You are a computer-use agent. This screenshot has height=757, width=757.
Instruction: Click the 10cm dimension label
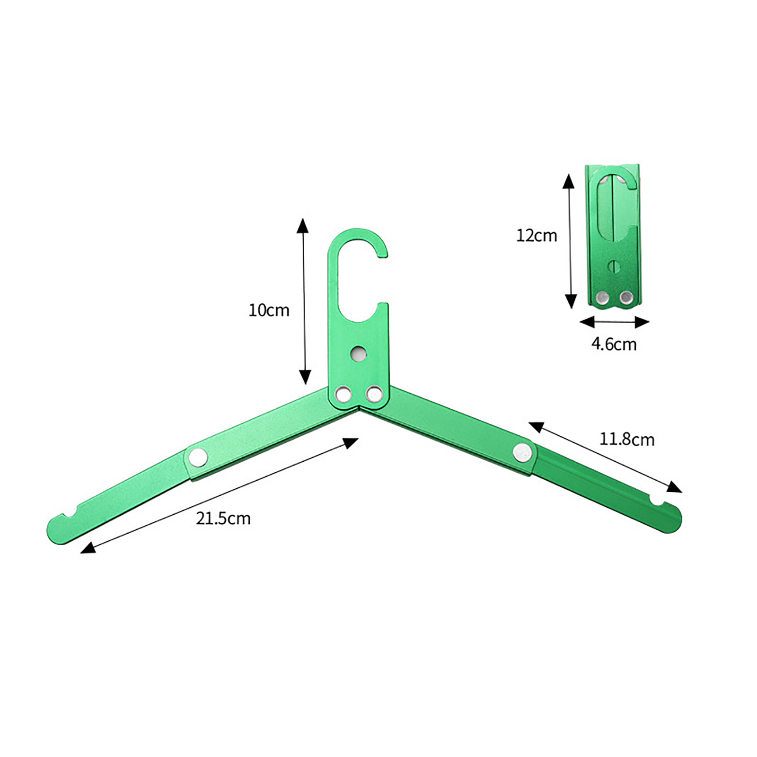269,310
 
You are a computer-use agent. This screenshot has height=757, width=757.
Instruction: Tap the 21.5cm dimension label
223,519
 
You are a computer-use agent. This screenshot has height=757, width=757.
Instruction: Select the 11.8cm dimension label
627,440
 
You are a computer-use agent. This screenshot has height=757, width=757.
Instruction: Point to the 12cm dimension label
537,236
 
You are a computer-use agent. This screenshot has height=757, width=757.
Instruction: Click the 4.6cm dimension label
614,344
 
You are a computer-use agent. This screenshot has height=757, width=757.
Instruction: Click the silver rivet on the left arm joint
198,457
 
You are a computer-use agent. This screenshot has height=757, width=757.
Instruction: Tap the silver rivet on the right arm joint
522,452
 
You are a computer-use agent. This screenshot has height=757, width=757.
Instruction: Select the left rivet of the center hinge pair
343,394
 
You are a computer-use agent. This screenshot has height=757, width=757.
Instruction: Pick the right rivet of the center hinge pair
374,393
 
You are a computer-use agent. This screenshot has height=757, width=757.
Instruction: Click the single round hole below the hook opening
359,353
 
